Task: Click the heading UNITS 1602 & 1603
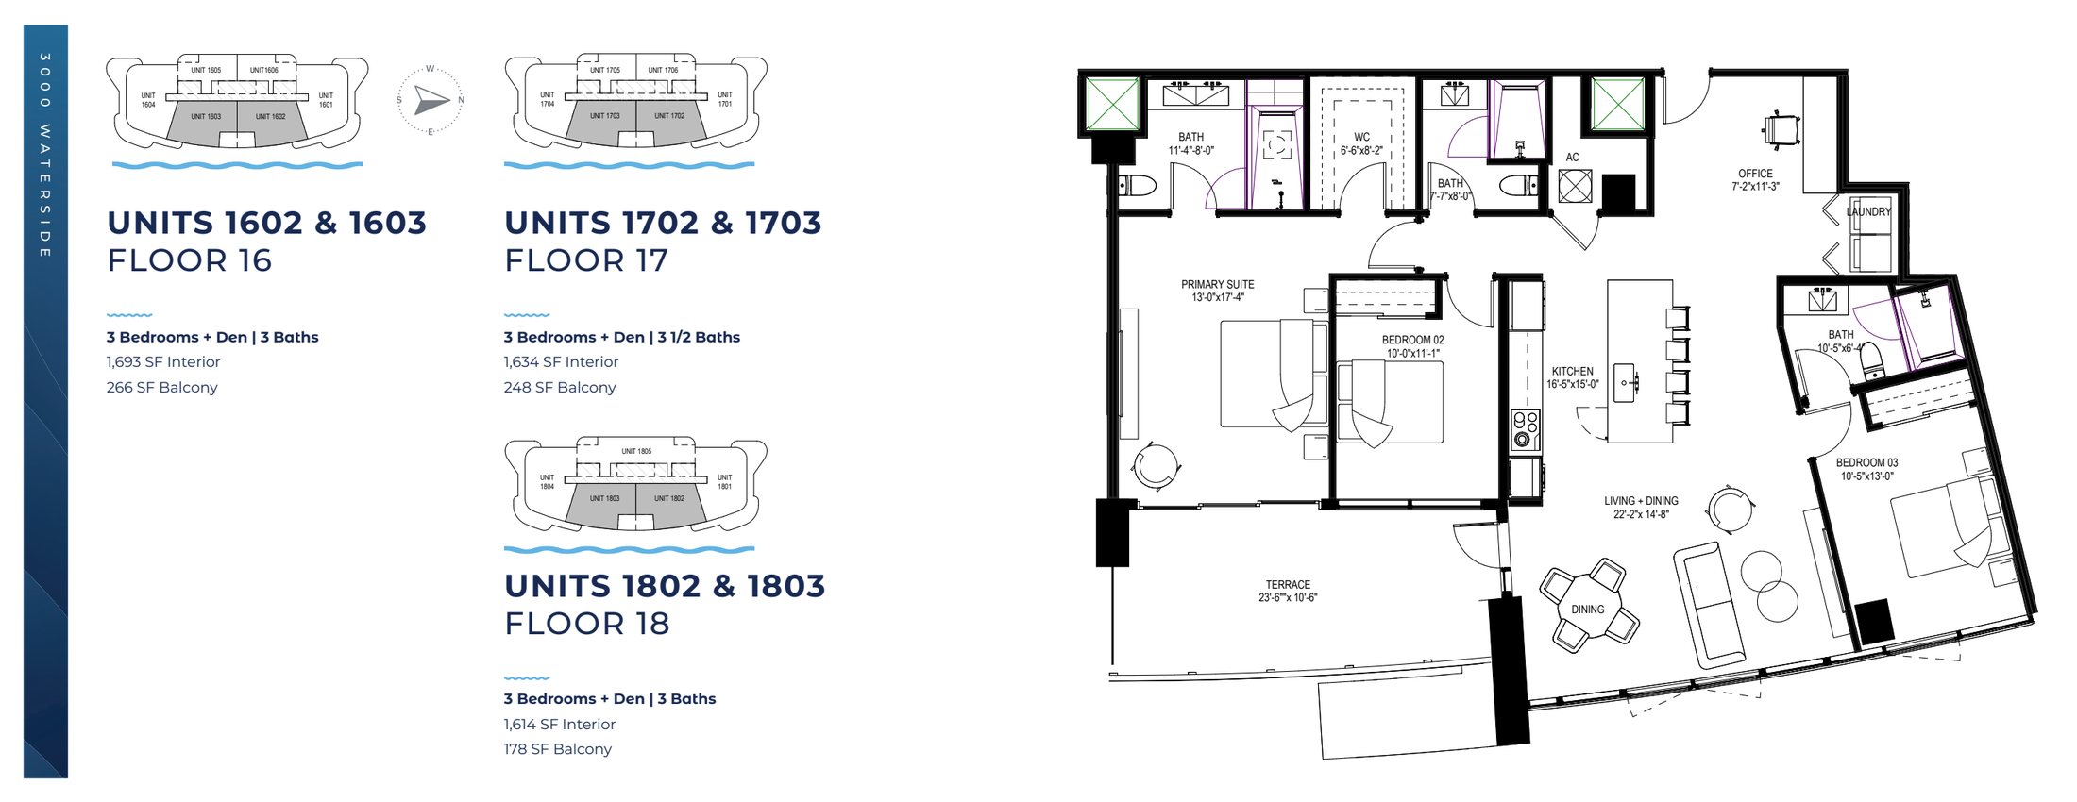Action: pyautogui.click(x=266, y=223)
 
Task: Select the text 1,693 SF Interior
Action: pyautogui.click(x=163, y=361)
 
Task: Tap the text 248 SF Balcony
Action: pyautogui.click(x=560, y=387)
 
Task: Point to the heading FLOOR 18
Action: pyautogui.click(x=587, y=624)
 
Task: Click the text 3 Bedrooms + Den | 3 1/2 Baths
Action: pyautogui.click(x=621, y=337)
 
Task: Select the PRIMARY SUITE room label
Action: pyautogui.click(x=1217, y=291)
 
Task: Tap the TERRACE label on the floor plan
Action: pyautogui.click(x=1288, y=591)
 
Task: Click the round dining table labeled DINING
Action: pyautogui.click(x=1588, y=609)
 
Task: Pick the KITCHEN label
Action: pyautogui.click(x=1572, y=377)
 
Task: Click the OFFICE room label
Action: pyautogui.click(x=1755, y=179)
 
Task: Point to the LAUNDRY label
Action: pyautogui.click(x=1868, y=212)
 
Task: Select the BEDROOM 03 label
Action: pyautogui.click(x=1866, y=469)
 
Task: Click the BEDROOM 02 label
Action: pyautogui.click(x=1412, y=346)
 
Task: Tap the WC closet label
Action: pyautogui.click(x=1361, y=143)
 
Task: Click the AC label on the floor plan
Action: pyautogui.click(x=1572, y=158)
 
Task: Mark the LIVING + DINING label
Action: pyautogui.click(x=1641, y=508)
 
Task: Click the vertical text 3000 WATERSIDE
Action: pyautogui.click(x=45, y=156)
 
